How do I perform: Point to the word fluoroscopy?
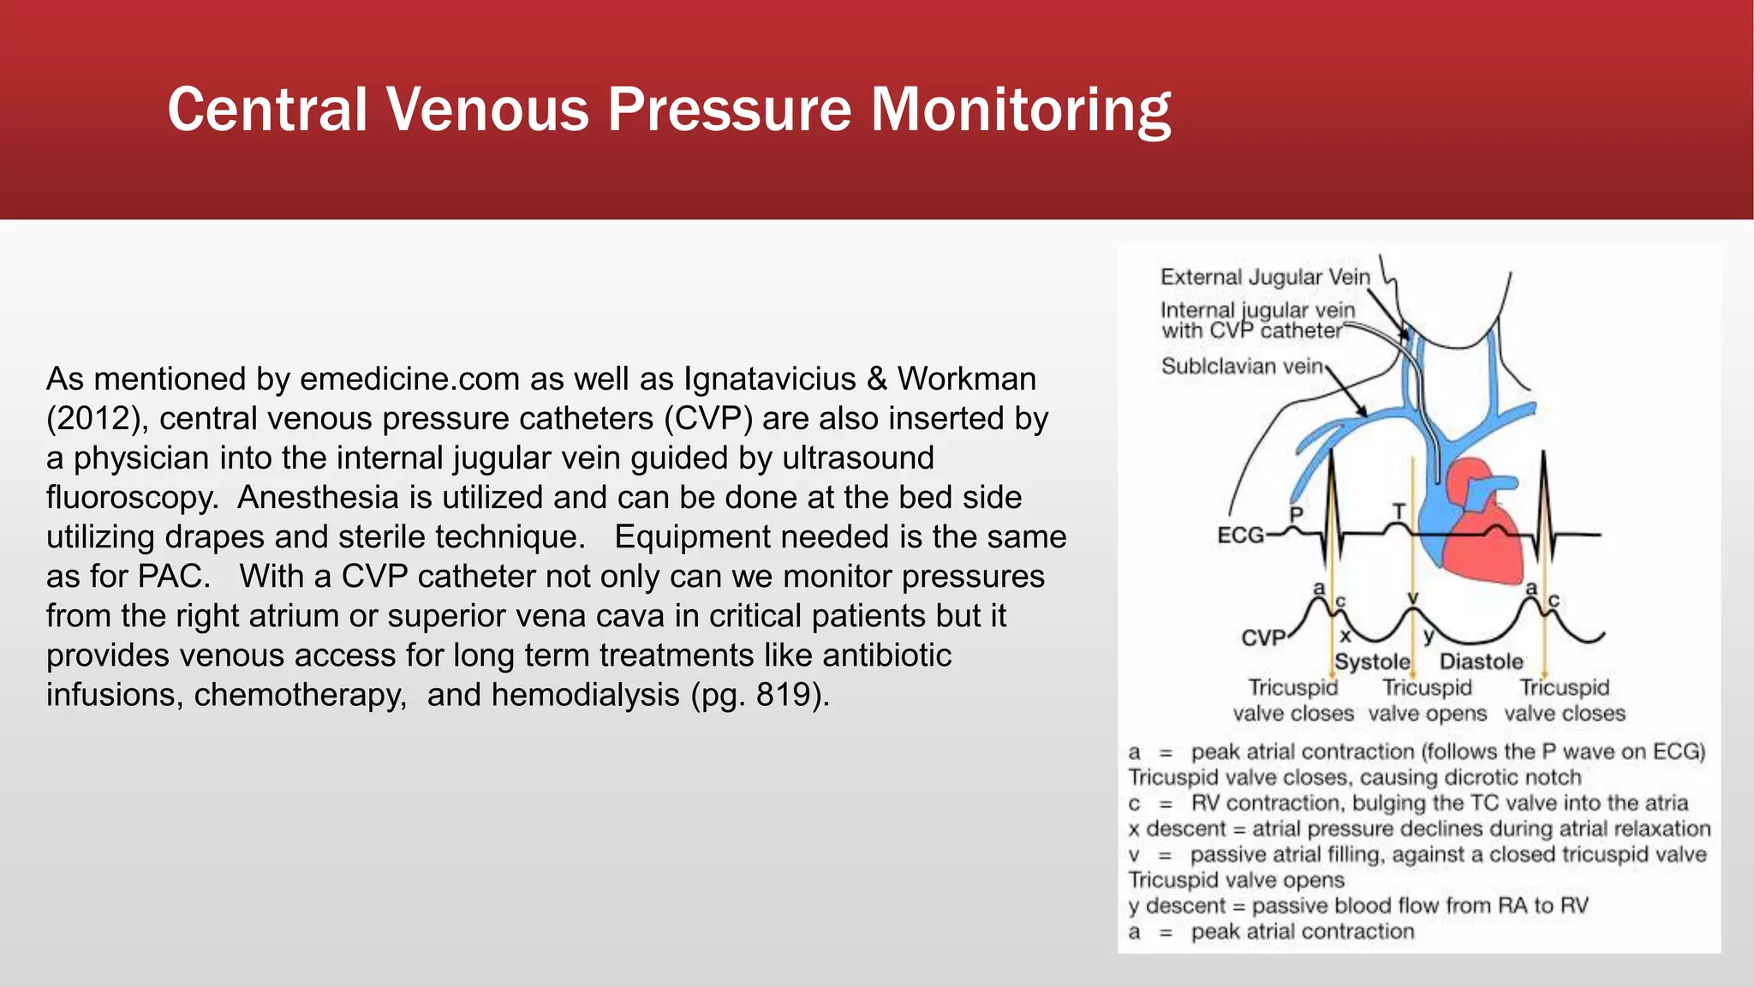click(133, 498)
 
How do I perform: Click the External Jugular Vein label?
click(1265, 277)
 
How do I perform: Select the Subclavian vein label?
click(1242, 367)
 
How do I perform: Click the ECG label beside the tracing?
click(1240, 535)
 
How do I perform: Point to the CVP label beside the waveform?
click(1263, 638)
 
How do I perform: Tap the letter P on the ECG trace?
click(1296, 514)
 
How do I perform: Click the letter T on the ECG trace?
click(1399, 511)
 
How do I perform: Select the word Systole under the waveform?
click(1372, 661)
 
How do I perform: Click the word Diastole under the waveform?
click(1481, 661)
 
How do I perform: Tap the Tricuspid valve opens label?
click(1427, 701)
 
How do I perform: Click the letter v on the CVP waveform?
click(1413, 597)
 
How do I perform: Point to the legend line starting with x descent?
click(1418, 828)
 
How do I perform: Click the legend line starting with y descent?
click(1357, 906)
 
